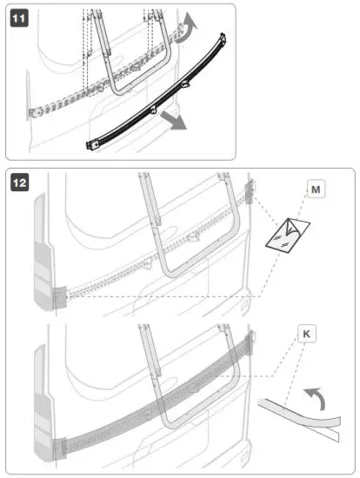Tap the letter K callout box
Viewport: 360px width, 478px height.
coord(307,333)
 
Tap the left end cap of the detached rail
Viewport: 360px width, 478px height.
coord(93,143)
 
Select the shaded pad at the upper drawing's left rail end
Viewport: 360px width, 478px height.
coord(58,297)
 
